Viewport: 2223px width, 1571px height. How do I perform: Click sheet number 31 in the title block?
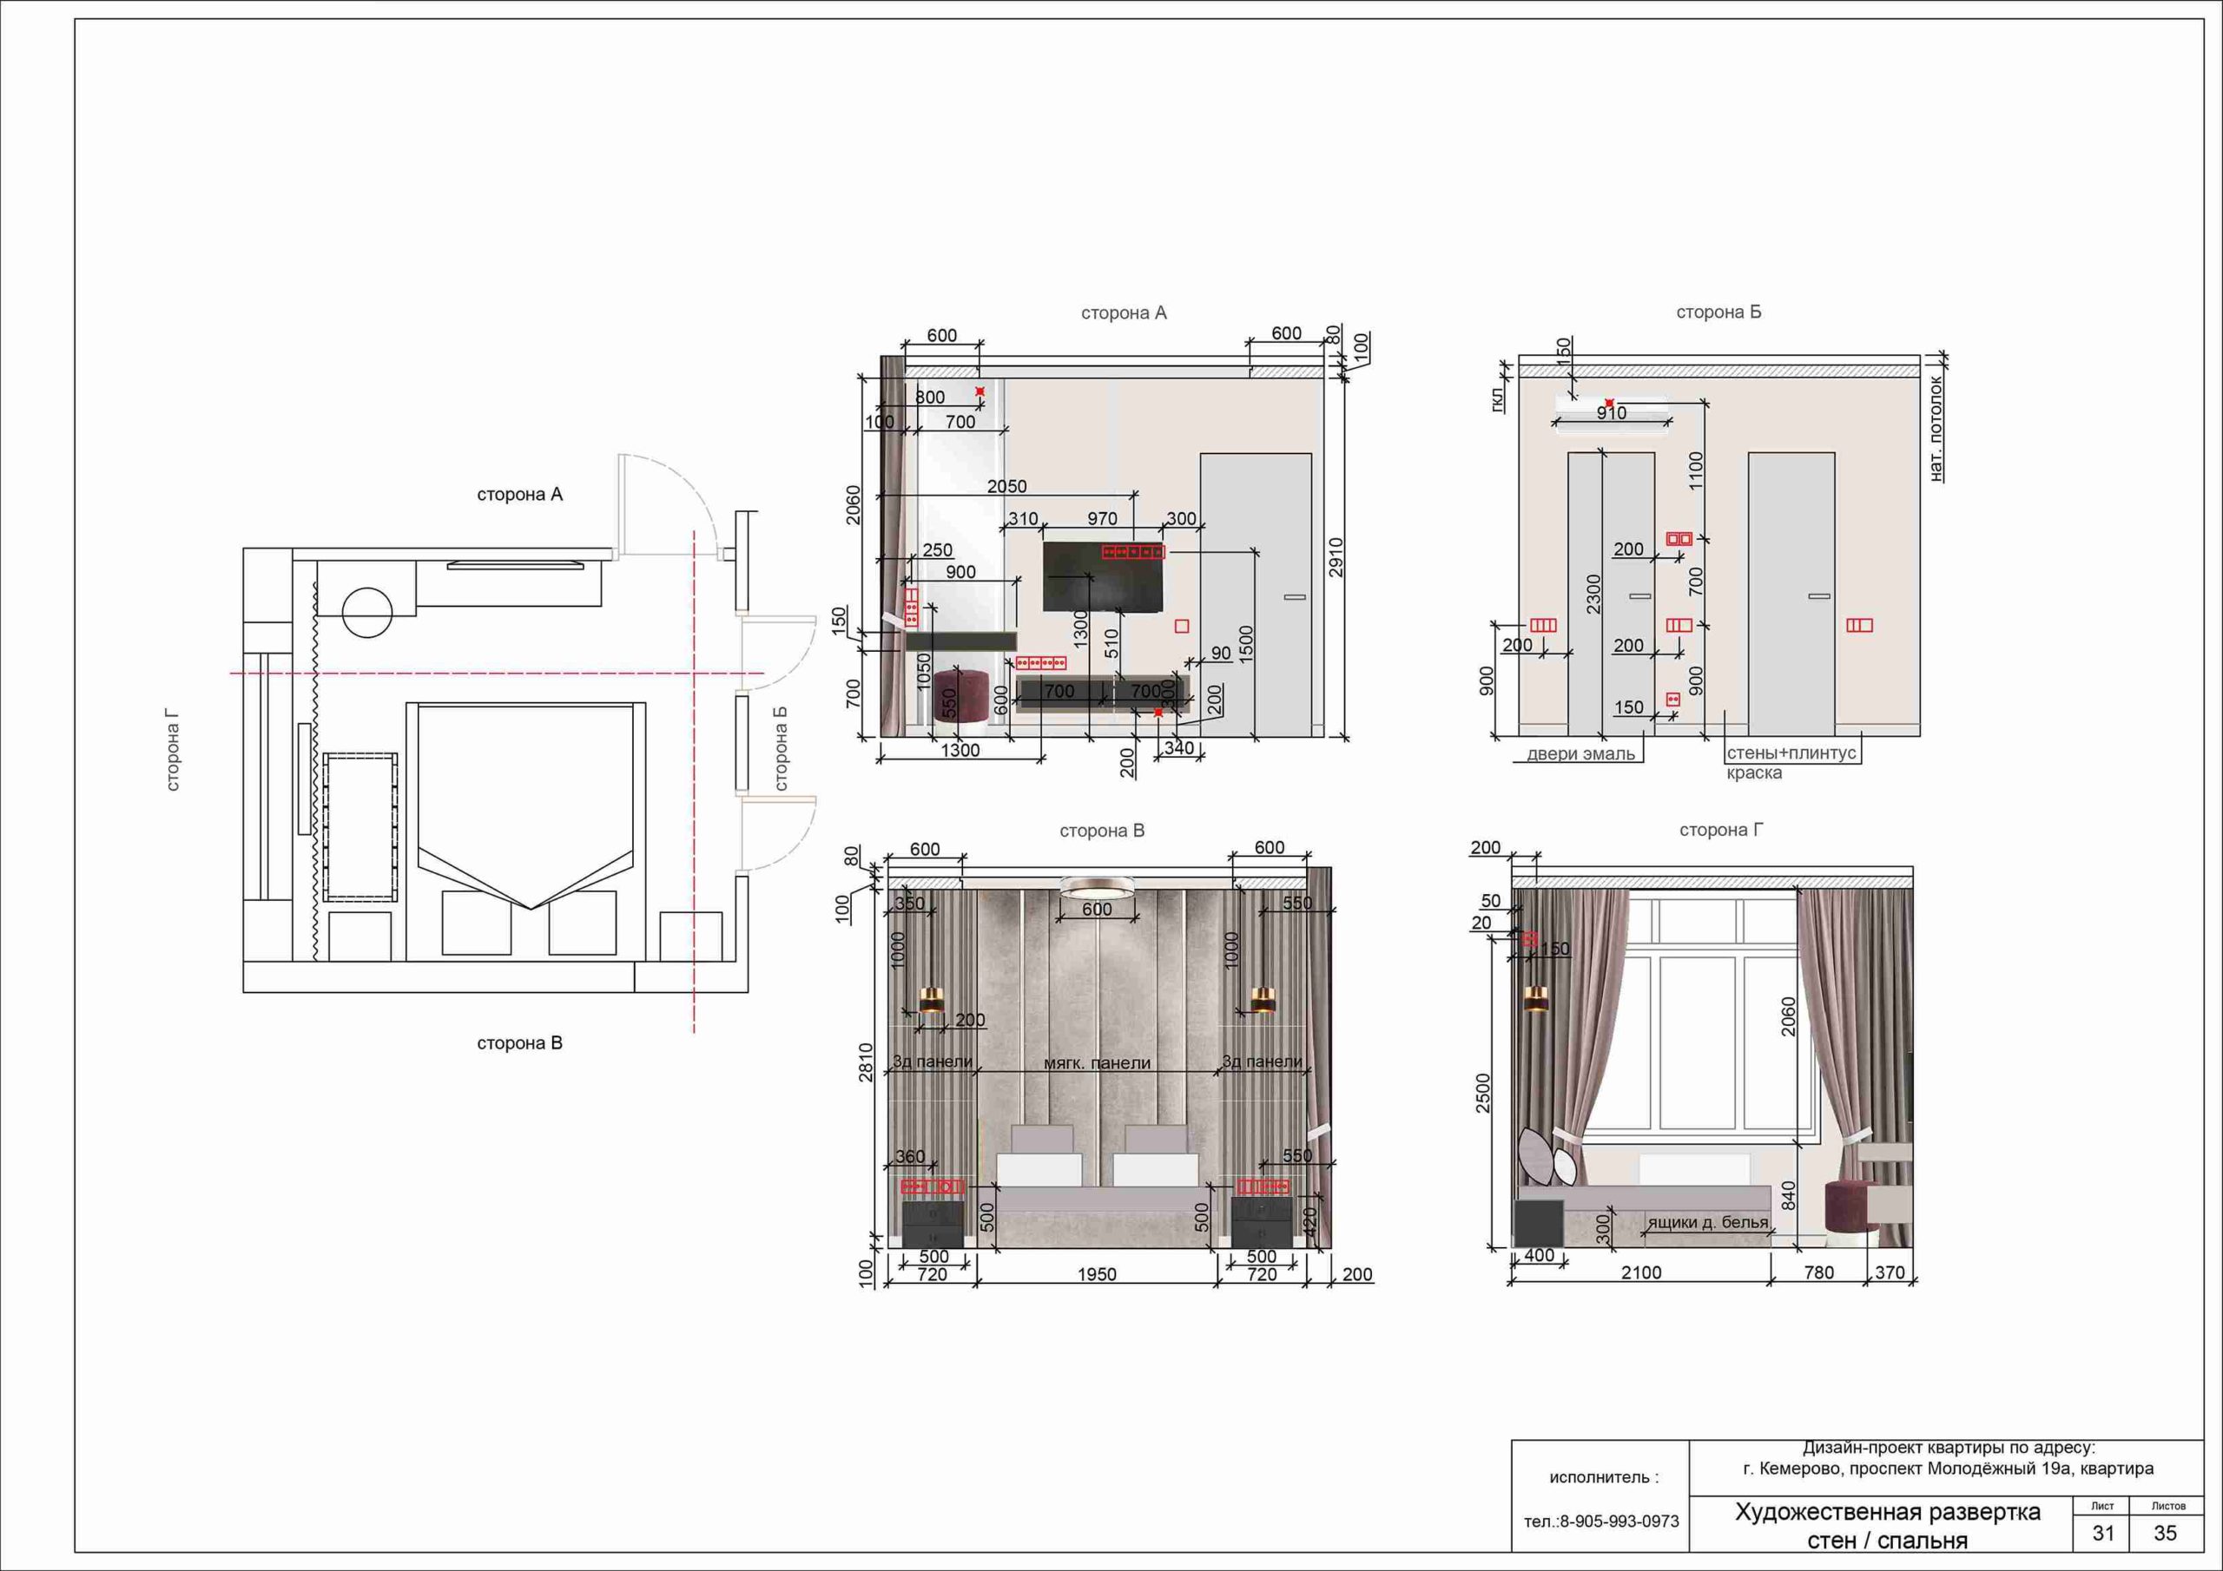pos(2103,1534)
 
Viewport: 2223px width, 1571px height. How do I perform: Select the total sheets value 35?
pos(2165,1534)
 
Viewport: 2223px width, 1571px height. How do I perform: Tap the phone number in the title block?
pos(1601,1522)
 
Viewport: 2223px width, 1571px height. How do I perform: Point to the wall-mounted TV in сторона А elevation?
pos(1103,577)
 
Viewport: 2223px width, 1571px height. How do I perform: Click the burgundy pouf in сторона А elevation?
pos(960,695)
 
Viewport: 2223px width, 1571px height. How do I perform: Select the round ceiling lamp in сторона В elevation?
pos(1097,887)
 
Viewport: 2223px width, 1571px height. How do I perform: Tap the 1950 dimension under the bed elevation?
pos(1097,1275)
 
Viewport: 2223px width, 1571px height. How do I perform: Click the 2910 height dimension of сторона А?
pos(1336,558)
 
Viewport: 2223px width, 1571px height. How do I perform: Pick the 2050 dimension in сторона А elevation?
pos(1007,487)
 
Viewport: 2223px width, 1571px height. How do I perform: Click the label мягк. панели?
pos(1097,1063)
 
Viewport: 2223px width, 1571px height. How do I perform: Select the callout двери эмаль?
pos(1581,754)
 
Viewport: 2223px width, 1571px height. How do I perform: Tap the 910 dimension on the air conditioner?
pos(1611,413)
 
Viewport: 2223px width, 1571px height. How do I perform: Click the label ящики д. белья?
pos(1708,1223)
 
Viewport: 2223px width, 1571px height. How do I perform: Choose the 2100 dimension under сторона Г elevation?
pos(1642,1273)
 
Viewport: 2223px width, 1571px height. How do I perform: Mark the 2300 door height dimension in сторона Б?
pos(1593,595)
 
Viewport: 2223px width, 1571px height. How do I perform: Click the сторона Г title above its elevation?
pos(1720,831)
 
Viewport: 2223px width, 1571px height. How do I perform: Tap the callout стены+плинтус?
pos(1791,753)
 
